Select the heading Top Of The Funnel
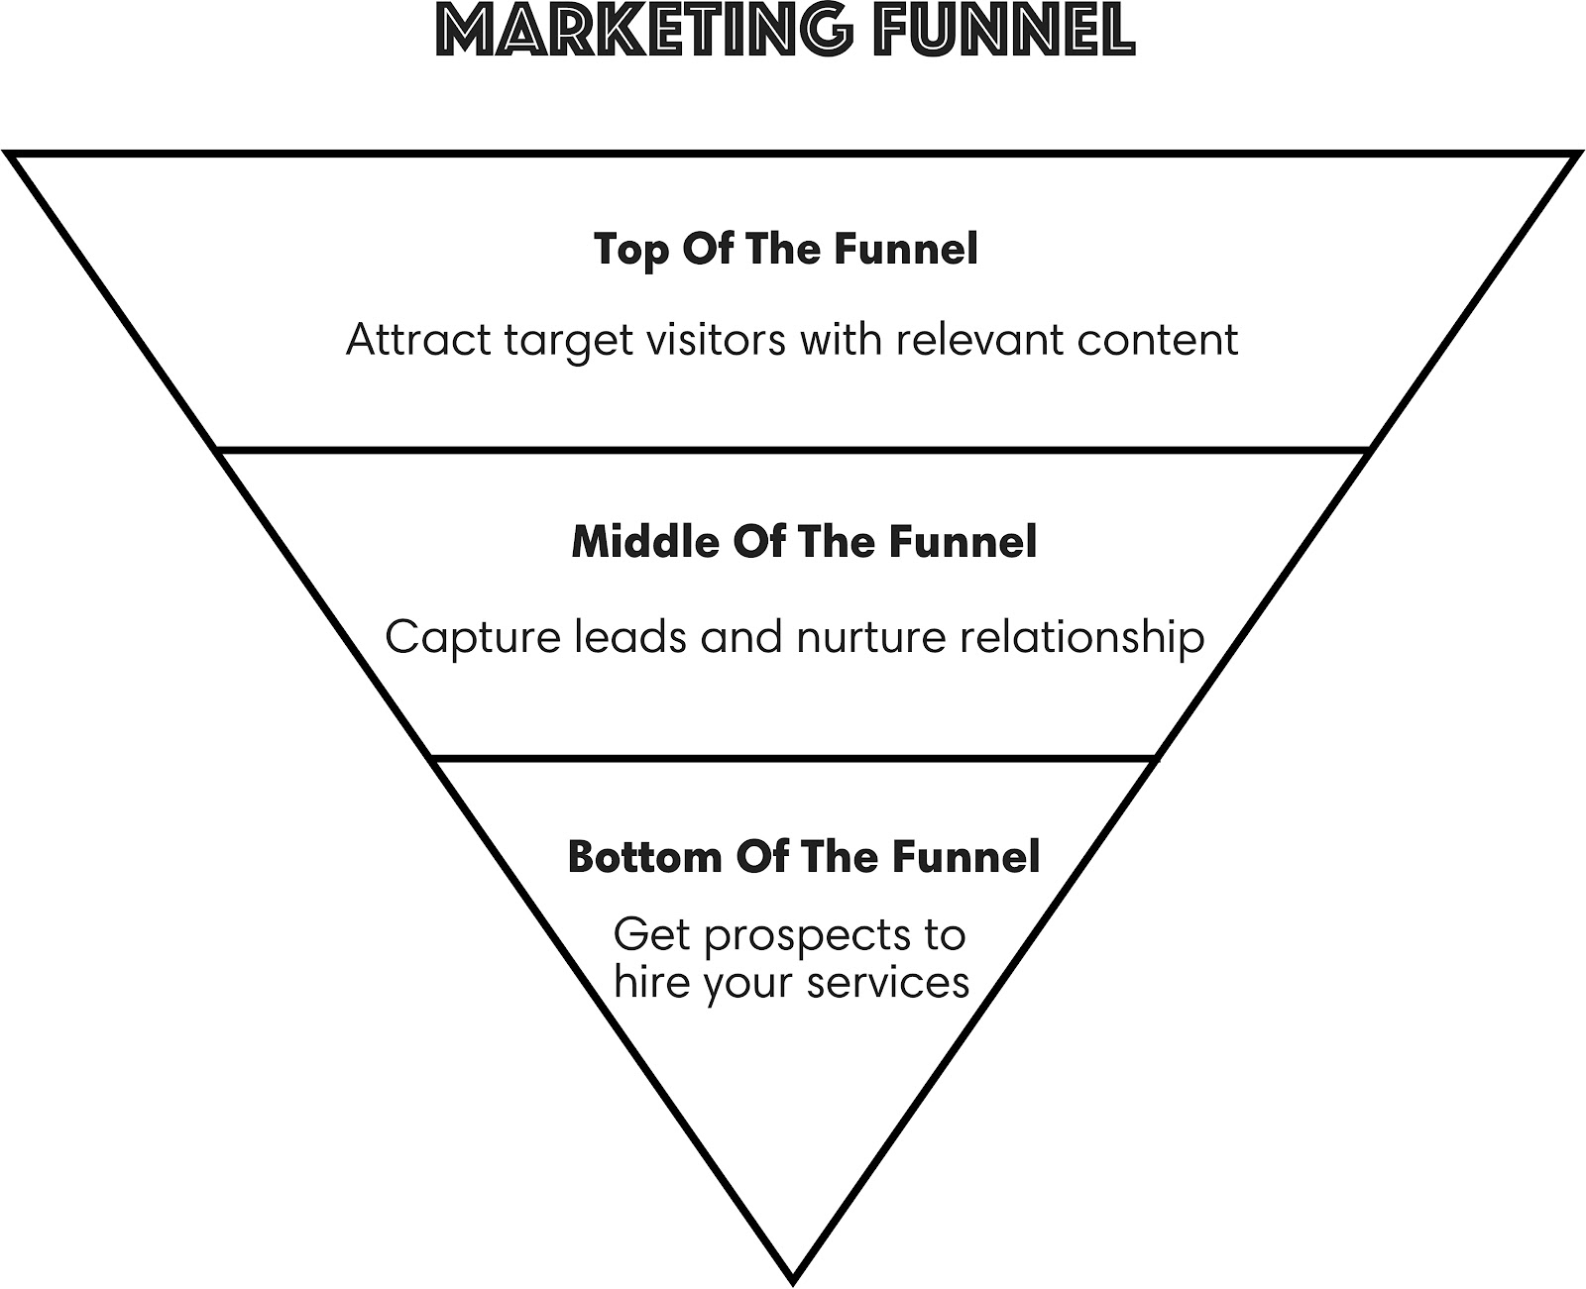[786, 249]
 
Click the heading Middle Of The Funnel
[804, 542]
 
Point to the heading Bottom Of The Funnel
[804, 856]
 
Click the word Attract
[417, 340]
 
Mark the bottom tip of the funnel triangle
[793, 1275]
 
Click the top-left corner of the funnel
[10, 155]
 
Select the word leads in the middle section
[630, 636]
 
